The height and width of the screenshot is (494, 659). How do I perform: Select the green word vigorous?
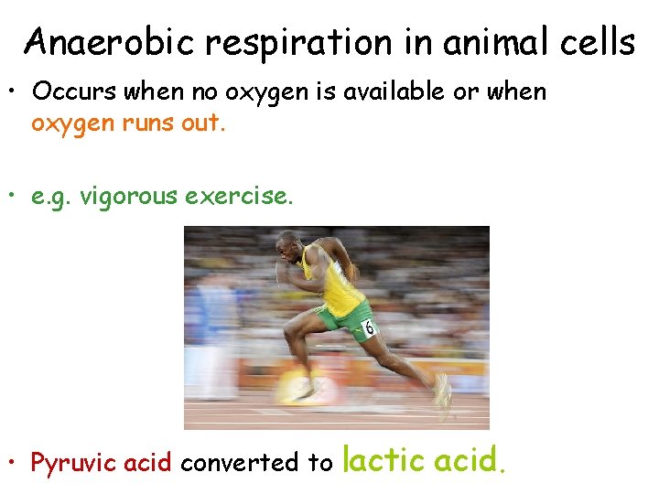click(x=137, y=194)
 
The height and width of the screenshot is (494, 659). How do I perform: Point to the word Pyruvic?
click(x=72, y=463)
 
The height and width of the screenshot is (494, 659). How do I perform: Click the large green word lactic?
click(x=384, y=459)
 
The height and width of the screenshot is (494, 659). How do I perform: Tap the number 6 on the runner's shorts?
click(x=368, y=328)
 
